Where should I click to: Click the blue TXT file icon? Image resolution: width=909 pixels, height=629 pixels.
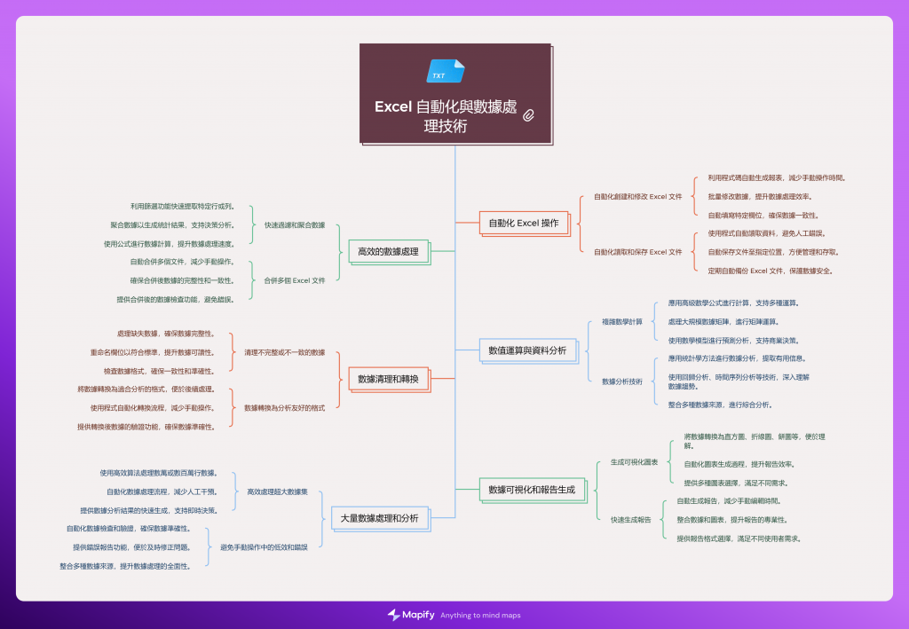tap(445, 71)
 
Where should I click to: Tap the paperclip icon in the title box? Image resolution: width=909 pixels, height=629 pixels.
tap(529, 114)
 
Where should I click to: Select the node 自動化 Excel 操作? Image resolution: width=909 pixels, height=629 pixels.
tap(524, 224)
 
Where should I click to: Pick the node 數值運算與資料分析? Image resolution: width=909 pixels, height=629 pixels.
tap(527, 351)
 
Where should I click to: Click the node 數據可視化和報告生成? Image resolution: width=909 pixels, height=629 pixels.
tap(532, 489)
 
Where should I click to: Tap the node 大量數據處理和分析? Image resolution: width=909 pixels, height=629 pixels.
tap(379, 518)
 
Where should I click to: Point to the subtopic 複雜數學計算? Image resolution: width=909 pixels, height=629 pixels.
tap(621, 321)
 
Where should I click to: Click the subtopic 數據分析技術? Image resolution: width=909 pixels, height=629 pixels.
tap(621, 381)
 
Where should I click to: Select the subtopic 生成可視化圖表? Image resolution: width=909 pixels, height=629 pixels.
tap(634, 462)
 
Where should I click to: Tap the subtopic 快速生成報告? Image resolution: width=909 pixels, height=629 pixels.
tap(630, 519)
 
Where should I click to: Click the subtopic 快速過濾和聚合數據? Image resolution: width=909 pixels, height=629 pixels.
tap(295, 224)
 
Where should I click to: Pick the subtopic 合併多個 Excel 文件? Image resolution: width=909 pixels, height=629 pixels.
tap(294, 280)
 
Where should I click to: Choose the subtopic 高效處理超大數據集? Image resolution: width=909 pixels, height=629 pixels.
tap(277, 491)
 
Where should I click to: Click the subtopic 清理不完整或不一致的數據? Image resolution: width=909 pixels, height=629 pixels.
tap(284, 352)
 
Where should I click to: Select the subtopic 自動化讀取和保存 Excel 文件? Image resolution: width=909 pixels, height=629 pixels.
tap(637, 252)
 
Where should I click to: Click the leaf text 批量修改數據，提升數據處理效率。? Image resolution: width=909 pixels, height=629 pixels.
tap(759, 196)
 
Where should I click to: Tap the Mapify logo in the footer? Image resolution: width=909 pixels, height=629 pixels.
tap(409, 615)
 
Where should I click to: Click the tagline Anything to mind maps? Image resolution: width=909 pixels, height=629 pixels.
tap(480, 616)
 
